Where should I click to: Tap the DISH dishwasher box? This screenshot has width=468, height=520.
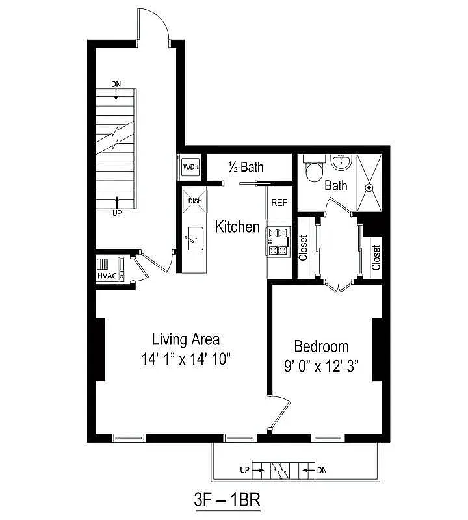pyautogui.click(x=195, y=200)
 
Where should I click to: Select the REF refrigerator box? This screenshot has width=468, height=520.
pyautogui.click(x=279, y=203)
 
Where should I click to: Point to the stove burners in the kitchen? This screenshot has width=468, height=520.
pyautogui.click(x=278, y=241)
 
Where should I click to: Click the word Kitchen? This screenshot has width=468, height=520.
pyautogui.click(x=237, y=227)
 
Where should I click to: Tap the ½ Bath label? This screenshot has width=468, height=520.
pyautogui.click(x=246, y=167)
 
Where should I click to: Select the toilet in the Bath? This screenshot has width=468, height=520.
pyautogui.click(x=315, y=170)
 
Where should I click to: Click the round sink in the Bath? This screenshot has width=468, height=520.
pyautogui.click(x=340, y=162)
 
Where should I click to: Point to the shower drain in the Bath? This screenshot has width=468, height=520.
pyautogui.click(x=370, y=187)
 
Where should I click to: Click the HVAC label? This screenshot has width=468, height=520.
pyautogui.click(x=107, y=276)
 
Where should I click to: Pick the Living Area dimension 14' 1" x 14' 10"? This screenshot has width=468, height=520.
pyautogui.click(x=186, y=358)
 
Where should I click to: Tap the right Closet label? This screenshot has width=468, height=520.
pyautogui.click(x=376, y=257)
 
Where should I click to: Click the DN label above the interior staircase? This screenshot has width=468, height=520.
pyautogui.click(x=116, y=84)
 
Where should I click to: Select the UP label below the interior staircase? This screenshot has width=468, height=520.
pyautogui.click(x=116, y=212)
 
